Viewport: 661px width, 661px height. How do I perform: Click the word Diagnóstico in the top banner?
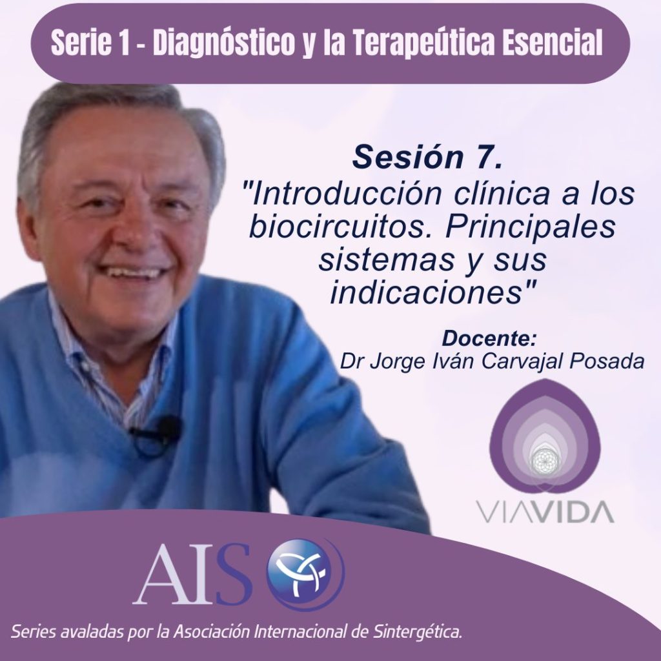coord(223,43)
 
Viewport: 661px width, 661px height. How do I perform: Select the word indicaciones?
coord(427,292)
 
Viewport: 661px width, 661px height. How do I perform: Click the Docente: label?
coord(489,338)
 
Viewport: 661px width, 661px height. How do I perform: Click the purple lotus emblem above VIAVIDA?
coord(544,436)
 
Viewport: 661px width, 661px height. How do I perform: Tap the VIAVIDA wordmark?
coord(545,511)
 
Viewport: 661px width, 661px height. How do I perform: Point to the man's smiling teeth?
coord(134,272)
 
